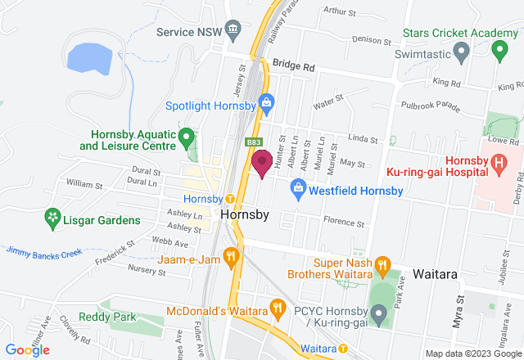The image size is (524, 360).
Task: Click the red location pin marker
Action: pos(262,162)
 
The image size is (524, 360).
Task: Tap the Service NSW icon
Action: pos(233,31)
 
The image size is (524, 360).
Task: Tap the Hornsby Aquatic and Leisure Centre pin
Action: pos(186,136)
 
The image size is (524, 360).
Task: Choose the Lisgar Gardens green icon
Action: pos(52,218)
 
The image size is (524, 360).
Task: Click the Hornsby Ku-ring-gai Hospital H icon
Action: pos(499,164)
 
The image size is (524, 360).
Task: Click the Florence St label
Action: pos(342,222)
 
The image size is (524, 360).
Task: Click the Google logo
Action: pos(27,349)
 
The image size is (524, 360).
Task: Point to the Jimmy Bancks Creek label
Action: pos(45,252)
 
